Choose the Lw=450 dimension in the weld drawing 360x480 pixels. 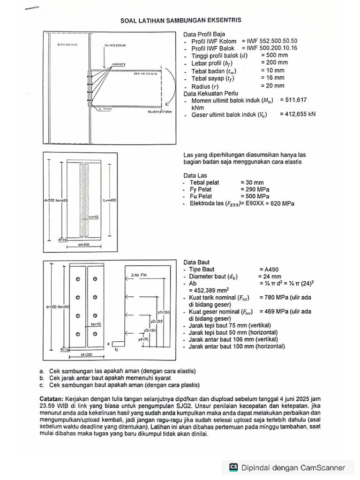pos(109,200)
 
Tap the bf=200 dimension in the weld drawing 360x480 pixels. pos(84,245)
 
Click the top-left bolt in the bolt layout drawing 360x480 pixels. pos(78,279)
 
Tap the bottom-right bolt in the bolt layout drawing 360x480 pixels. pos(95,334)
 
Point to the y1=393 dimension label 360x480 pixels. pos(164,312)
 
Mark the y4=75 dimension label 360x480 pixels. pos(143,339)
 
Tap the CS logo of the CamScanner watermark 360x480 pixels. pos(233,467)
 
